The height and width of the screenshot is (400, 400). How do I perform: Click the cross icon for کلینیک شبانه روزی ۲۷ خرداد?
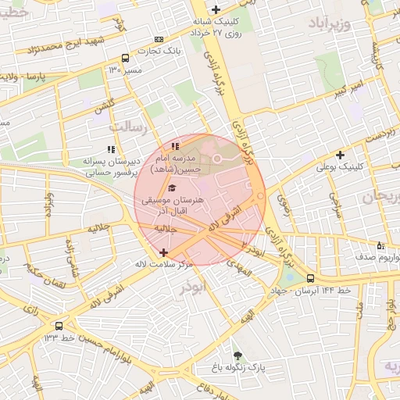[216, 9]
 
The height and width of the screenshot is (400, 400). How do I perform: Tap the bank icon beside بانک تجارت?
[160, 39]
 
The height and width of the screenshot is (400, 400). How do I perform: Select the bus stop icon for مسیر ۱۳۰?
[126, 58]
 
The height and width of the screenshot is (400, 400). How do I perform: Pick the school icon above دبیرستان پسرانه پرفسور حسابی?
[110, 148]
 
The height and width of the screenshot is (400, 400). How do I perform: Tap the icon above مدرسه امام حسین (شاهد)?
[176, 145]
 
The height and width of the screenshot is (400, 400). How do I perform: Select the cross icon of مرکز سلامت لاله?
[163, 252]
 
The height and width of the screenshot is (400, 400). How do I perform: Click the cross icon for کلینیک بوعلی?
[340, 155]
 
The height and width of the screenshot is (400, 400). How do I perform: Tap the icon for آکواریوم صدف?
[380, 246]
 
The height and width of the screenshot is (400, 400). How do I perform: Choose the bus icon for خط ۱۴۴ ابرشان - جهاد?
[311, 278]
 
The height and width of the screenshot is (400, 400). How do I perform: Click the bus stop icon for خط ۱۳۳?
[59, 326]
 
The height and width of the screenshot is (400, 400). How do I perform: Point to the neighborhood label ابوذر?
[191, 287]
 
